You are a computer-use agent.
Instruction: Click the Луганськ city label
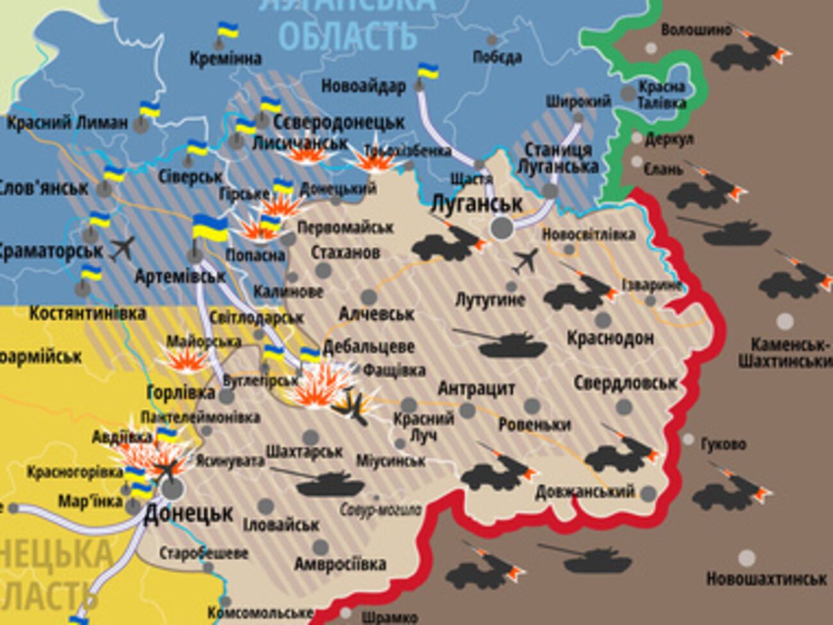[x=477, y=204]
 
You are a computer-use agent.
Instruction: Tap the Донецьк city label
[x=188, y=513]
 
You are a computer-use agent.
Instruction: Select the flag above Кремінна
[x=227, y=30]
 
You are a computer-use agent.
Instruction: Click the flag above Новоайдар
[x=427, y=71]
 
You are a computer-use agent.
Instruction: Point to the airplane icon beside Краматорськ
[x=122, y=248]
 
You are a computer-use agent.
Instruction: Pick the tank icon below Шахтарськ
[x=331, y=482]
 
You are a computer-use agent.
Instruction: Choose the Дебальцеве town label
[x=368, y=347]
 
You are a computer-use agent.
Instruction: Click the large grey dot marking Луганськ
[x=502, y=228]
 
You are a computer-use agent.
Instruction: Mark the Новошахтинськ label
[x=766, y=578]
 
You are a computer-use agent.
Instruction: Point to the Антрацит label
[x=477, y=388]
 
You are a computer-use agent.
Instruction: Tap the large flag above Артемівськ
[x=210, y=229]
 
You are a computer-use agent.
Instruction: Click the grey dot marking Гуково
[x=688, y=440]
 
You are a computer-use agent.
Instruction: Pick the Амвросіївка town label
[x=340, y=564]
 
